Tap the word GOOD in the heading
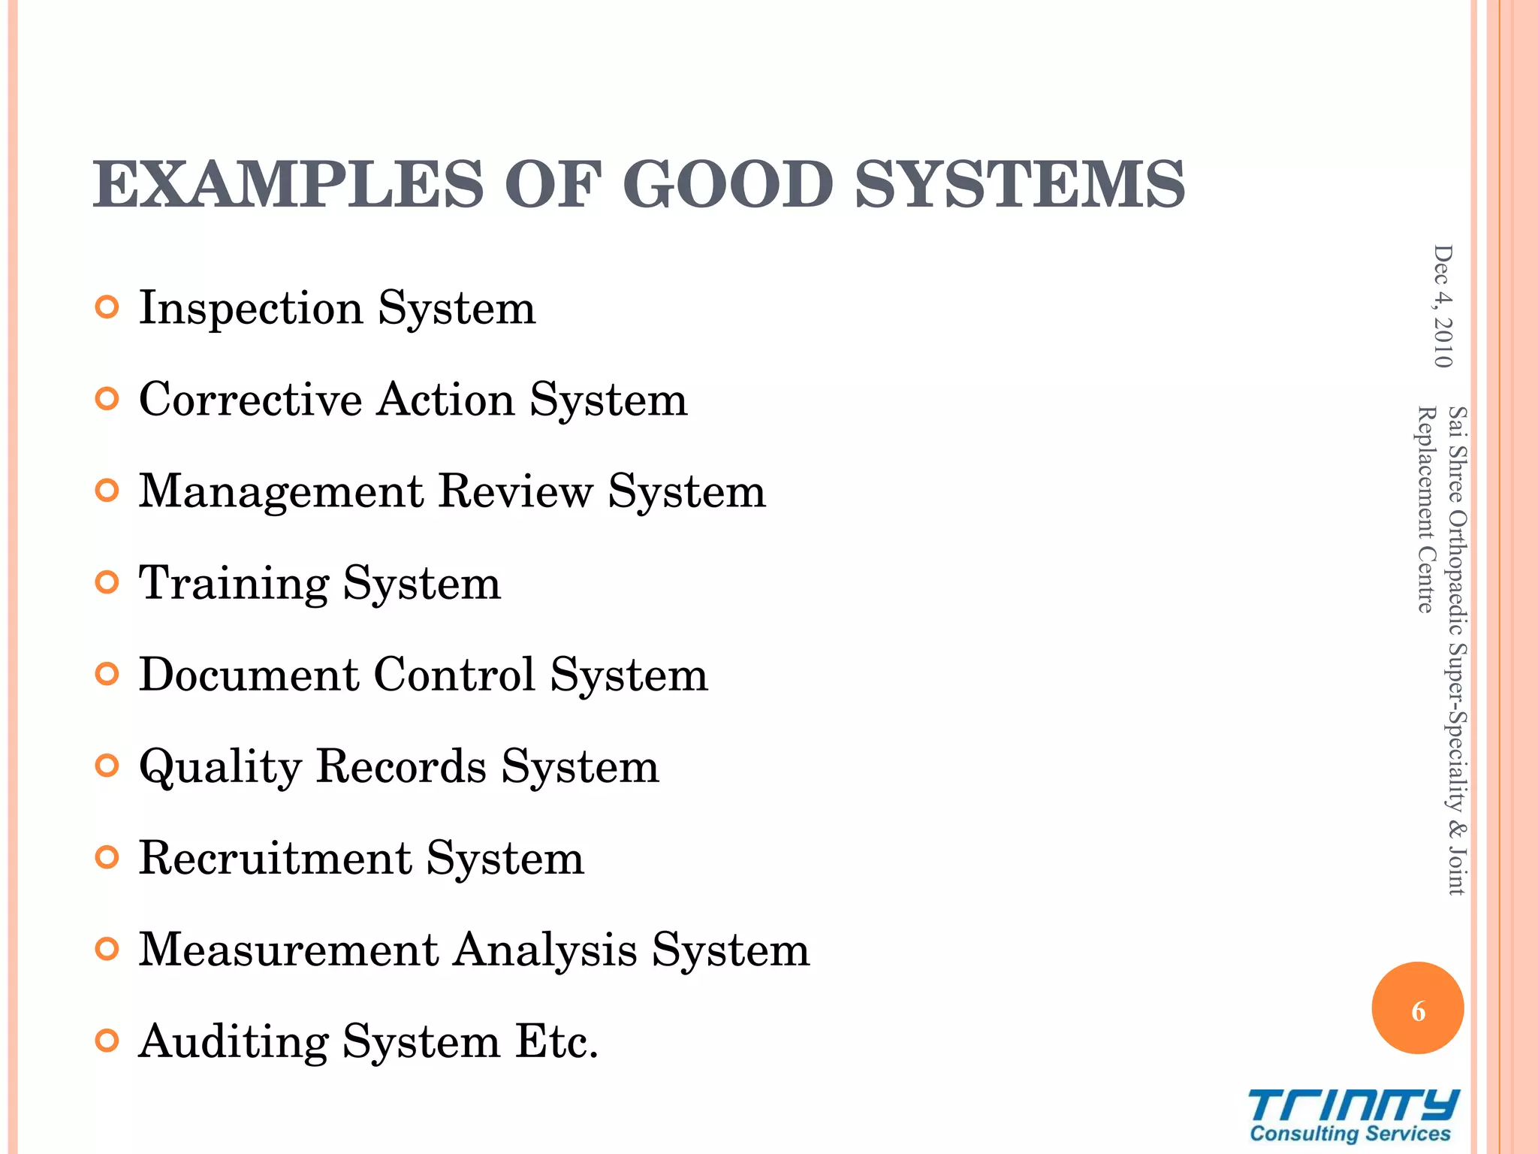727,185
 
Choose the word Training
234,584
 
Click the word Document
249,674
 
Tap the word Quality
221,767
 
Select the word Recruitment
276,858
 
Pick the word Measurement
289,950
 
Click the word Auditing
234,1042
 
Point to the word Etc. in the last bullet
556,1042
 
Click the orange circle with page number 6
1417,1008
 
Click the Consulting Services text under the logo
1350,1134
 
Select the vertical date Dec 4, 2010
1443,307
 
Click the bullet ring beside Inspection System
108,308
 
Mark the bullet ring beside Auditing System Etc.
108,1041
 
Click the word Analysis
545,950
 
